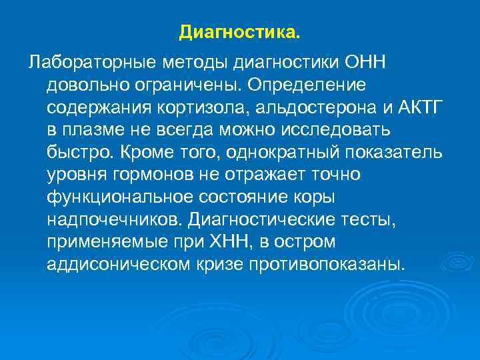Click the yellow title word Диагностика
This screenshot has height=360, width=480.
click(x=240, y=32)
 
